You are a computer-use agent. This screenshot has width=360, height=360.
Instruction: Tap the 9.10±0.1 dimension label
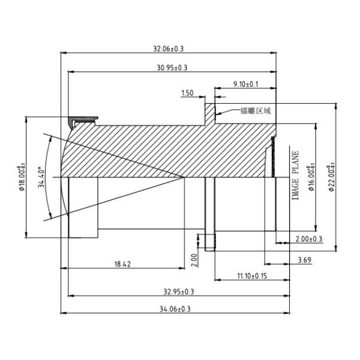(245, 85)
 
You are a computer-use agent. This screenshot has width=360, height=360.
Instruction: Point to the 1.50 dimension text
(187, 93)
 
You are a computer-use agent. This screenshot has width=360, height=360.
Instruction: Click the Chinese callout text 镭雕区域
(256, 110)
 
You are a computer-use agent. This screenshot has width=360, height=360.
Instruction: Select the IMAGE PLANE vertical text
(295, 176)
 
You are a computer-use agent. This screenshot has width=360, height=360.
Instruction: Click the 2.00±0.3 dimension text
(309, 239)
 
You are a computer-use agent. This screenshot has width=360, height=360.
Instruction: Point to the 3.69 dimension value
(304, 259)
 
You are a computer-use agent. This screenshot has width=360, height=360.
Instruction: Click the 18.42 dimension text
(122, 263)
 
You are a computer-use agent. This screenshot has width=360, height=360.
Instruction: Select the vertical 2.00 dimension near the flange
(194, 259)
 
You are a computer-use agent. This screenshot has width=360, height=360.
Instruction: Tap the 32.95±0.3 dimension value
(174, 292)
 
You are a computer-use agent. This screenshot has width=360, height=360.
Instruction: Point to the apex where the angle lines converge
(184, 176)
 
